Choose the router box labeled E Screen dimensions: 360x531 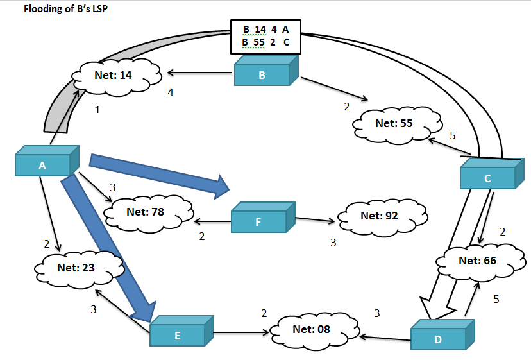tap(177, 334)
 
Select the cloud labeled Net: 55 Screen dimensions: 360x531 tap(398, 124)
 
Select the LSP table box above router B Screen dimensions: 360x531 tap(265, 36)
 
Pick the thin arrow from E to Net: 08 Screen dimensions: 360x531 tap(240, 333)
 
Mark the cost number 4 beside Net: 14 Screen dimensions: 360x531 tap(171, 92)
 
